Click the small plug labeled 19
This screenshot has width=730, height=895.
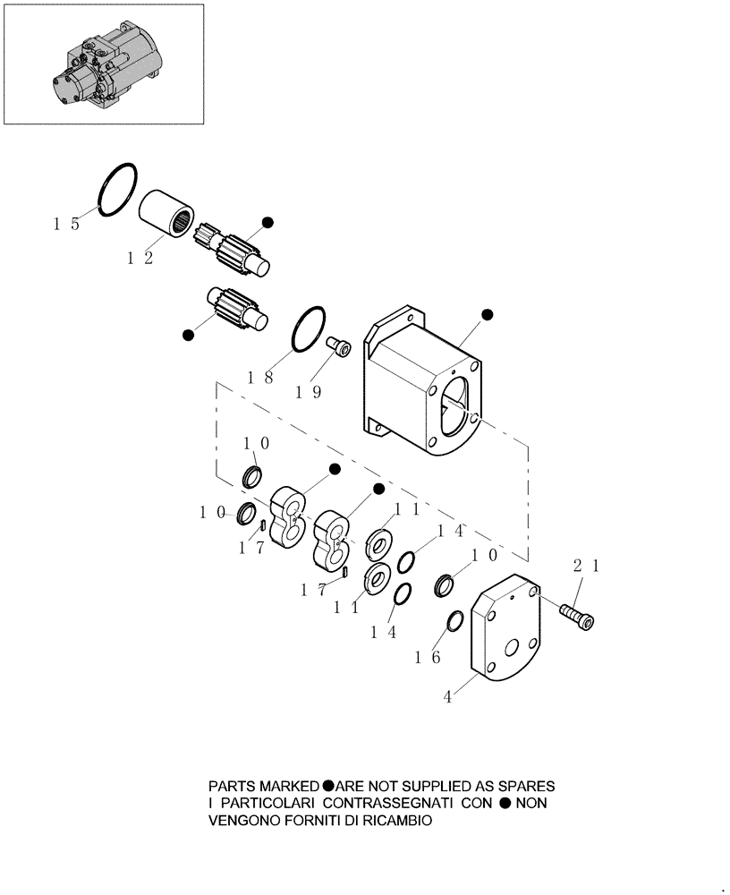(339, 344)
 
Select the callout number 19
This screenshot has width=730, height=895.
(309, 392)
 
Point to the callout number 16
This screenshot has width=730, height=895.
(428, 657)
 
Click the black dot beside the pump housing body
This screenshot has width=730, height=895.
(488, 314)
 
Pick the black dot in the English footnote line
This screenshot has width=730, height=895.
(328, 786)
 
